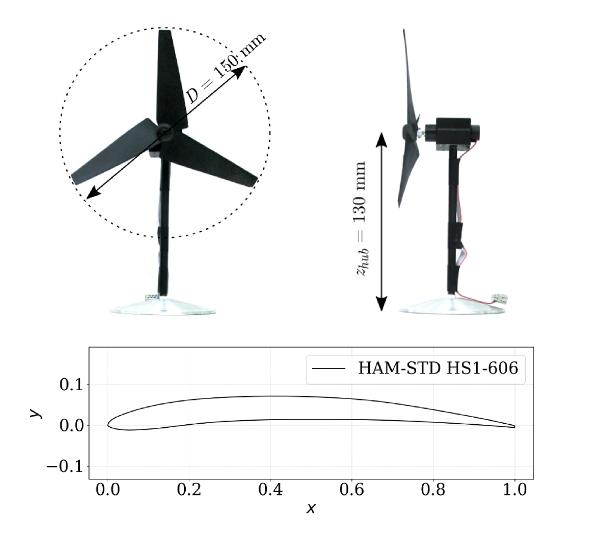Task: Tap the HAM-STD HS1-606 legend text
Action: point(438,368)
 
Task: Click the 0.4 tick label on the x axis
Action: point(270,489)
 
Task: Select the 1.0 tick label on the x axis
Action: point(514,489)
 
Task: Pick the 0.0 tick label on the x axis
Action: point(108,489)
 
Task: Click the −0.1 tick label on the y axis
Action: point(65,467)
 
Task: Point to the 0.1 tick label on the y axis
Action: point(71,385)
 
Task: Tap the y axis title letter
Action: point(35,412)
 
